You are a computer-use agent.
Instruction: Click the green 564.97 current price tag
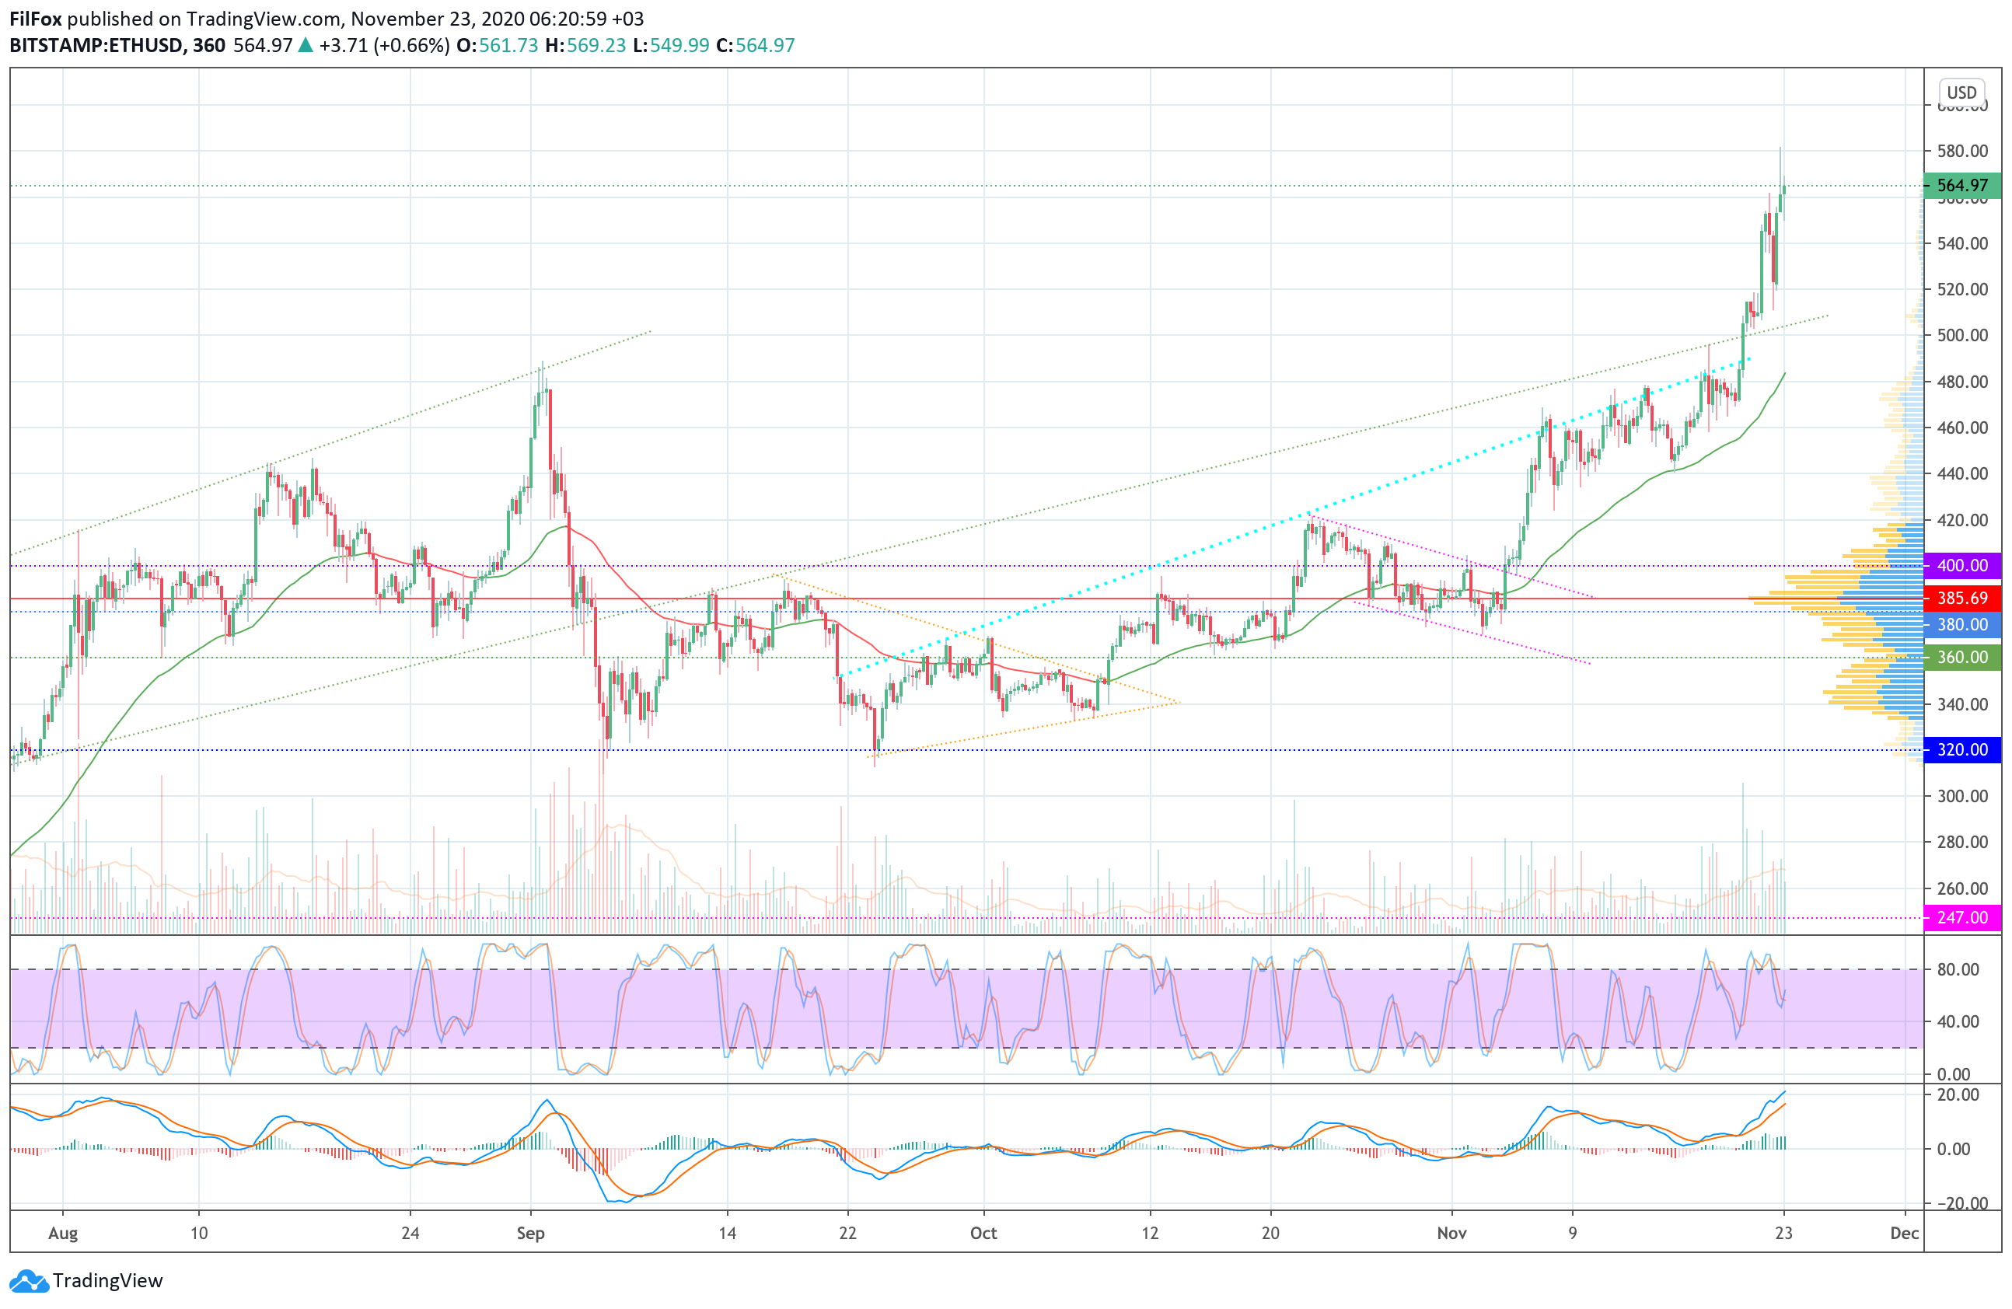click(x=1961, y=185)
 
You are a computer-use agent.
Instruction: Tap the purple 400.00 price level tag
click(x=1961, y=565)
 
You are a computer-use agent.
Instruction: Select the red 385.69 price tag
click(x=1961, y=599)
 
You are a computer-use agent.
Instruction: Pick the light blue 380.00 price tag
click(x=1961, y=624)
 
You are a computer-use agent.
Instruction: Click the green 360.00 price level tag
click(x=1961, y=658)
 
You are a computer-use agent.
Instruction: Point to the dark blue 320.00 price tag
click(x=1961, y=749)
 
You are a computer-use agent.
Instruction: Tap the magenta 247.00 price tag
click(x=1961, y=918)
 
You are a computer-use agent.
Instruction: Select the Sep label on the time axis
click(x=530, y=1233)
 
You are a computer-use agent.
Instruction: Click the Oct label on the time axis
click(x=983, y=1233)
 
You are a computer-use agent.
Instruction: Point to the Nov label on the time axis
click(x=1451, y=1233)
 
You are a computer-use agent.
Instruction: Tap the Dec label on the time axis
click(x=1905, y=1233)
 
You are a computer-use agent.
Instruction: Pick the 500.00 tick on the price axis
click(x=1962, y=336)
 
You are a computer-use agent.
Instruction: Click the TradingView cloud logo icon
click(x=29, y=1281)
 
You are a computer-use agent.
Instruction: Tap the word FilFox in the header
click(x=36, y=19)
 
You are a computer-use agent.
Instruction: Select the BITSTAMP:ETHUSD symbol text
click(x=96, y=46)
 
